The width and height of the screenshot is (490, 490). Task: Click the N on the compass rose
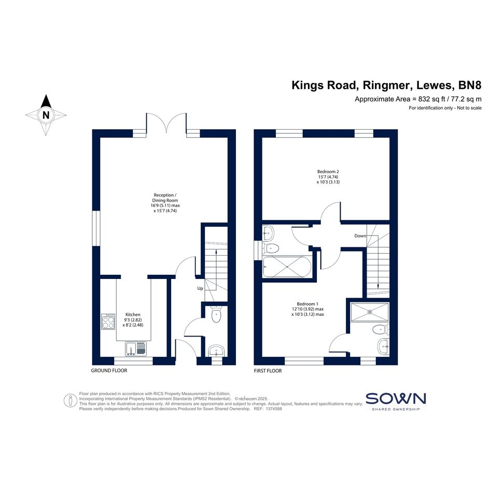coord(46,115)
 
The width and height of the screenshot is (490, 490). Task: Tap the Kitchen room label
coord(133,314)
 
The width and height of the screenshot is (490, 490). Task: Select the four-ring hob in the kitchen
coord(108,321)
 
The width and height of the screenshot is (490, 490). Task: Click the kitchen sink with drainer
coord(136,349)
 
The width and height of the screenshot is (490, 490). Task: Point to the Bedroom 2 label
coord(328,172)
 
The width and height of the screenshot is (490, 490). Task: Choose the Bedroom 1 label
coord(307,304)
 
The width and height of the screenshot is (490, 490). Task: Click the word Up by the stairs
coord(200,288)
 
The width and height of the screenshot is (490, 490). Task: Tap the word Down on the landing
coord(360,235)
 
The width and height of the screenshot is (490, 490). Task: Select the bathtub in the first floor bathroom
coord(287,267)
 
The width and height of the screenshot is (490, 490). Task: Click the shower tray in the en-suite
coord(370,312)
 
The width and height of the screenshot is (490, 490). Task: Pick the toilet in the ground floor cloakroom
coord(216,314)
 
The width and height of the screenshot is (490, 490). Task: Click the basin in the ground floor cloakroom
coord(216,351)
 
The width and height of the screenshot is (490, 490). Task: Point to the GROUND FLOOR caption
coord(109,371)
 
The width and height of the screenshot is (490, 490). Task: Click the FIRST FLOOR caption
coord(268,371)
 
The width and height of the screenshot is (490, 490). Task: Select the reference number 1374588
coord(274,409)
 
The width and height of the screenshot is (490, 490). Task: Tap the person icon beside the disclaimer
coord(71,401)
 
